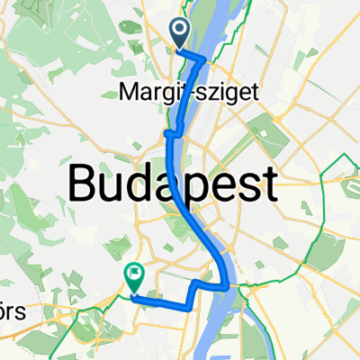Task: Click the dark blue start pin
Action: tap(180, 34)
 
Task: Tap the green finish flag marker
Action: tap(134, 277)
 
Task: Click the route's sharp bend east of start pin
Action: tap(206, 60)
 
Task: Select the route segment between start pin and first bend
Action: tap(193, 56)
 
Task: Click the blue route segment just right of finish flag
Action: tap(162, 301)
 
